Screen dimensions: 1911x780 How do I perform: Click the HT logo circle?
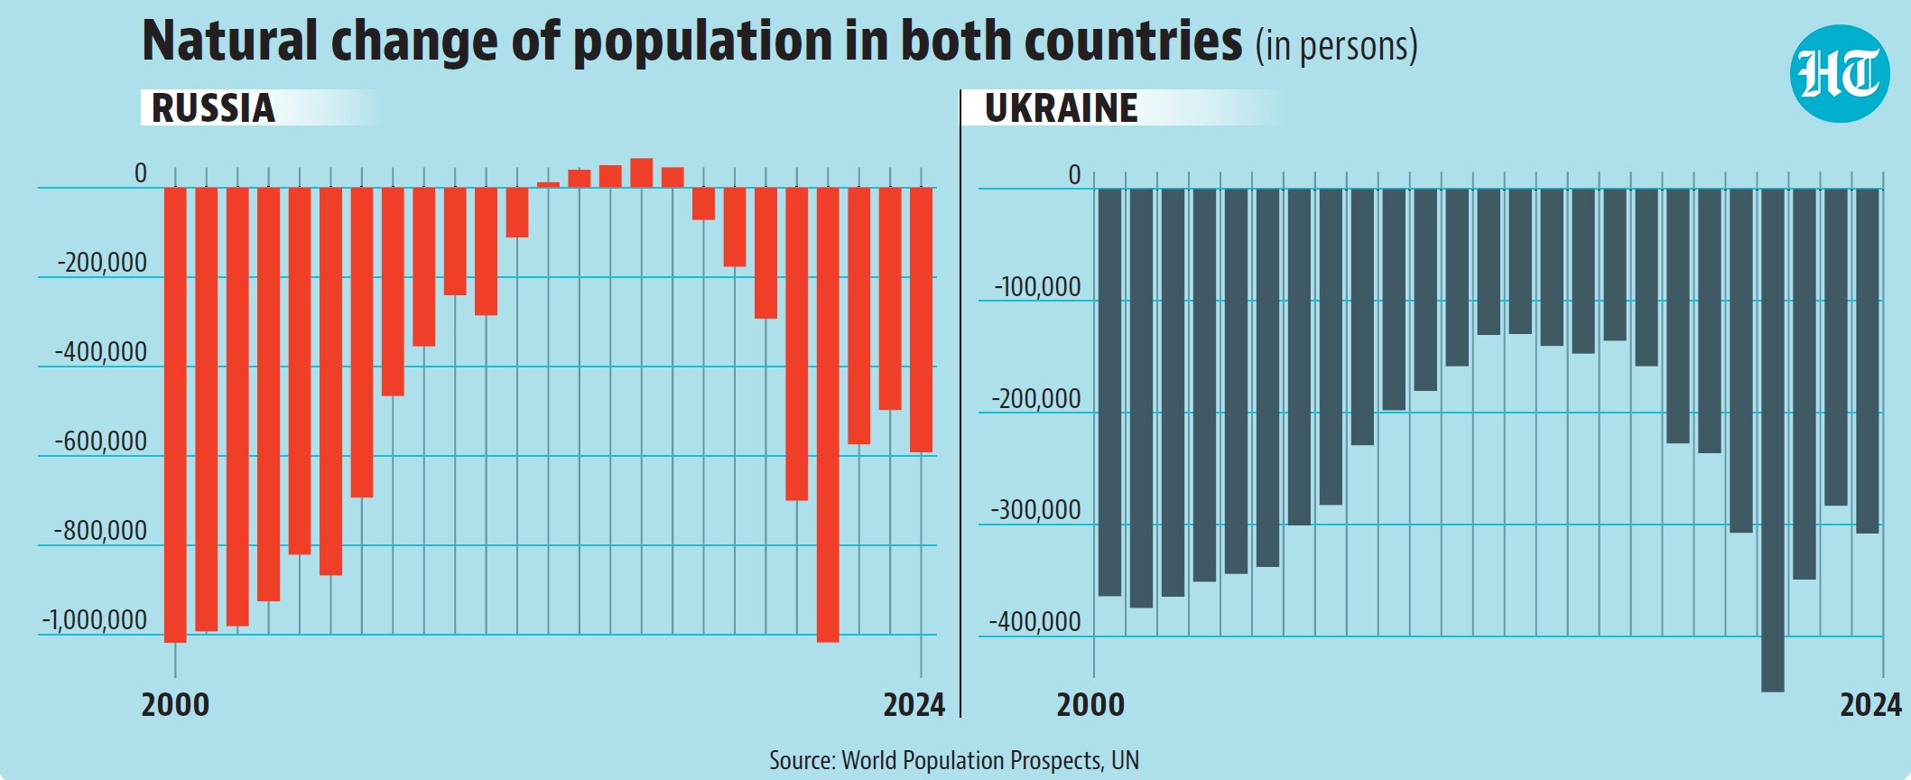click(x=1839, y=73)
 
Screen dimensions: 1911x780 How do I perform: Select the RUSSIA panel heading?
click(x=213, y=108)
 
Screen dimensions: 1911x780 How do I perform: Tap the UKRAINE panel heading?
click(x=1061, y=108)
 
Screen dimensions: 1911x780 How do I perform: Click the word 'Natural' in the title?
click(x=230, y=41)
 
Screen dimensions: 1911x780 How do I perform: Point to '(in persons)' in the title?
click(x=1336, y=46)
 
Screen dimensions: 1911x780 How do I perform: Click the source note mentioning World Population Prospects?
click(x=954, y=760)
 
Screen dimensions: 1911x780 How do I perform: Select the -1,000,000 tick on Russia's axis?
click(x=94, y=620)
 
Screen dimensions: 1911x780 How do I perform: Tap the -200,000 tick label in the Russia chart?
click(x=101, y=263)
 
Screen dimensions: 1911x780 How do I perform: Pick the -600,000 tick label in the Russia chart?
click(x=100, y=441)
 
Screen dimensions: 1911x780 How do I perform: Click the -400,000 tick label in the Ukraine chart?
click(x=1034, y=622)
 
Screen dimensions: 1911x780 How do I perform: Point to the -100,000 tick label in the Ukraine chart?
click(x=1037, y=287)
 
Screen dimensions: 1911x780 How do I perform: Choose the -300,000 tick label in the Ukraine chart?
click(x=1035, y=510)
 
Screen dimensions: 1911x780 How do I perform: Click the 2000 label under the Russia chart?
click(x=175, y=704)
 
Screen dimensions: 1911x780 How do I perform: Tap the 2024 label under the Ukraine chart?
click(x=1870, y=704)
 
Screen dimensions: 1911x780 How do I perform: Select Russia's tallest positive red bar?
click(x=642, y=173)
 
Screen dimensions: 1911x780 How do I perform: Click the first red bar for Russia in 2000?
click(x=175, y=415)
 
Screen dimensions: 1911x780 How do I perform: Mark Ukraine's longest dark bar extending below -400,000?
click(x=1773, y=441)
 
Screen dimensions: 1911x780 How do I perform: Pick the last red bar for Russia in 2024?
click(x=921, y=320)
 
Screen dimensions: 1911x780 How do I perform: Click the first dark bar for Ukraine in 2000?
click(x=1109, y=393)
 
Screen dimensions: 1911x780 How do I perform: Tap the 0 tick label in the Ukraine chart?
click(x=1074, y=175)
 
